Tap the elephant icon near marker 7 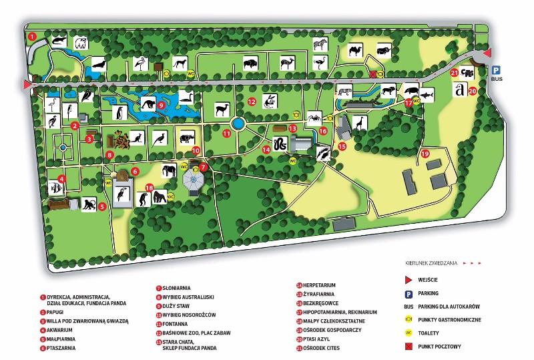point(170,173)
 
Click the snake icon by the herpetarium point(281,144)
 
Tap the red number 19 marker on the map point(424,154)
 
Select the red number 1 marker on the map point(31,35)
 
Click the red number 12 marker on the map point(251,102)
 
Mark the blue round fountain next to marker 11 point(237,124)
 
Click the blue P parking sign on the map point(496,69)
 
